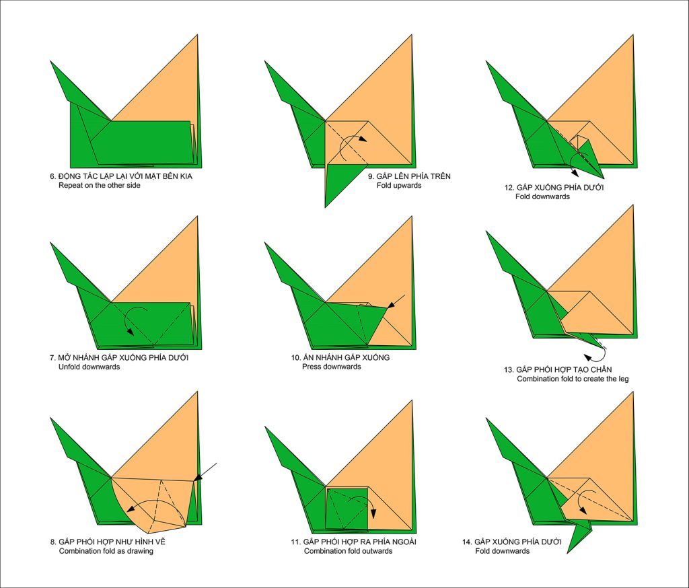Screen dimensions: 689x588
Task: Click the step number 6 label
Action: point(52,176)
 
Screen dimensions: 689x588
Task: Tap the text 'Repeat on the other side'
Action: point(100,186)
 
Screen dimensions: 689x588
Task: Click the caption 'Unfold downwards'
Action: point(89,367)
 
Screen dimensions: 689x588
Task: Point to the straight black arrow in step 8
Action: point(205,472)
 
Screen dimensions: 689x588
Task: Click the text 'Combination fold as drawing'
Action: point(106,551)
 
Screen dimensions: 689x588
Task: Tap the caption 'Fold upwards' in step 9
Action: point(398,186)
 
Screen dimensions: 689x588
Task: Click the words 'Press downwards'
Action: point(331,367)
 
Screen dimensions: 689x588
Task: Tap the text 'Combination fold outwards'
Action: point(348,551)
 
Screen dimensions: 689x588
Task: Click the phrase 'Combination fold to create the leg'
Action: point(573,379)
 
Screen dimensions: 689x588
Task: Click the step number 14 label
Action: point(466,542)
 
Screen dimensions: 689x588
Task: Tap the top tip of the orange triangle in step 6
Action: point(197,34)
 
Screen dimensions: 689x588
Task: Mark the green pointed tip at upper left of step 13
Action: point(486,231)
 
